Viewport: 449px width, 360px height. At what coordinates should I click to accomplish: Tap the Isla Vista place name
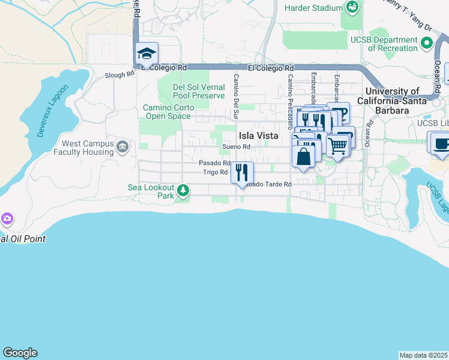tap(259, 136)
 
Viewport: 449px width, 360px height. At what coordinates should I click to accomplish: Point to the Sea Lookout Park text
tap(151, 191)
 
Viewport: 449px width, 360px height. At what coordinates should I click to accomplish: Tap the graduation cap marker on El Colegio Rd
tap(146, 54)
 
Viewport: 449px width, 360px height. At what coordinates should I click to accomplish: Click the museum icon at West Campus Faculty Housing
tap(123, 146)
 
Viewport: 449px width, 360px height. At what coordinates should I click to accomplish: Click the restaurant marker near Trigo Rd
tap(242, 172)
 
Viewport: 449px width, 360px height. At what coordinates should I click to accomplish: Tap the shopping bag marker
tap(304, 157)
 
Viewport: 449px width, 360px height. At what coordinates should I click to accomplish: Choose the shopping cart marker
tap(339, 145)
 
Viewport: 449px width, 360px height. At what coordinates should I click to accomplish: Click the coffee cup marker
tap(442, 144)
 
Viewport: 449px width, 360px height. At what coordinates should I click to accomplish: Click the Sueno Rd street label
tap(236, 146)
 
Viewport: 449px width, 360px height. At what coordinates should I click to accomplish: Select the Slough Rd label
tap(119, 75)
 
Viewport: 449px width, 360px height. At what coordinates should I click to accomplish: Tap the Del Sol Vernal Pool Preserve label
tap(199, 91)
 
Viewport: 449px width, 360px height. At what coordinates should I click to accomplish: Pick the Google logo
tap(20, 353)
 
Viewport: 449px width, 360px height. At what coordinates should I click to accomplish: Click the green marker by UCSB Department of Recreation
tap(427, 43)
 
